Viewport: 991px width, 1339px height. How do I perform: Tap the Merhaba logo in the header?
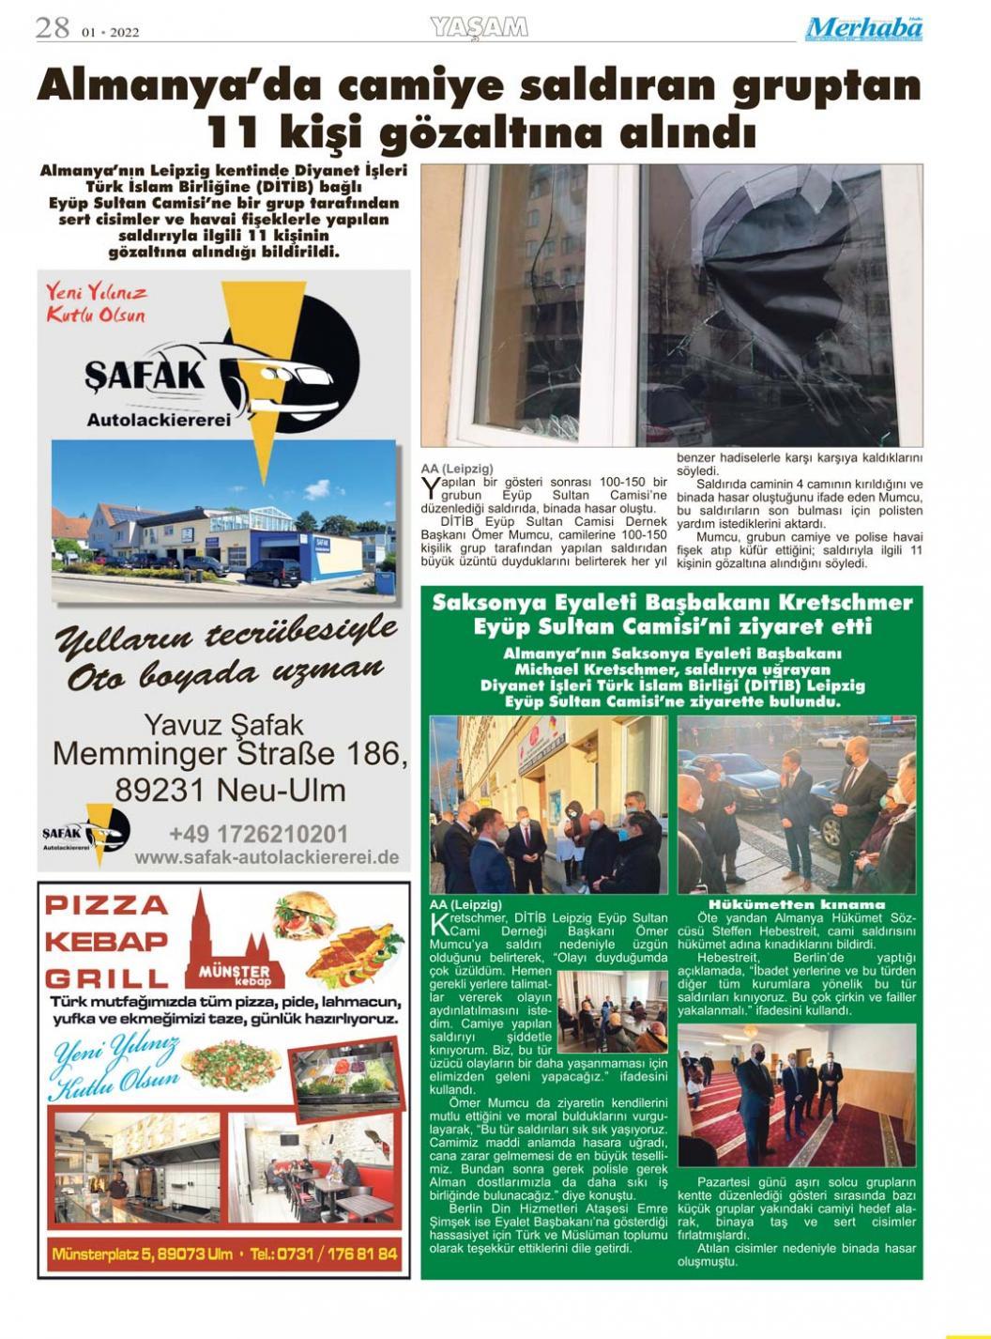pyautogui.click(x=863, y=29)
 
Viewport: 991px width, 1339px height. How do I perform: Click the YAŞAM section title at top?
pyautogui.click(x=479, y=28)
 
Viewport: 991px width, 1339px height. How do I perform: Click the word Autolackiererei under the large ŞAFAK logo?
pyautogui.click(x=159, y=420)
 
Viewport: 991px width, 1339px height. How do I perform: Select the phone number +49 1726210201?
pyautogui.click(x=258, y=834)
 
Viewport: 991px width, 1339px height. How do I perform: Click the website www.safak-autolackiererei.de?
pyautogui.click(x=267, y=856)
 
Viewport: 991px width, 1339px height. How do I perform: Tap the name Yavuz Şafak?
pyautogui.click(x=223, y=725)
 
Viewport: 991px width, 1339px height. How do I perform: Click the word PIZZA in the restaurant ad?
pyautogui.click(x=107, y=905)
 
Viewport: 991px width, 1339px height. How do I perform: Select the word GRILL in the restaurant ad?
pyautogui.click(x=106, y=977)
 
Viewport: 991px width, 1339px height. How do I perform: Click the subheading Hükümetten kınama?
pyautogui.click(x=797, y=904)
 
